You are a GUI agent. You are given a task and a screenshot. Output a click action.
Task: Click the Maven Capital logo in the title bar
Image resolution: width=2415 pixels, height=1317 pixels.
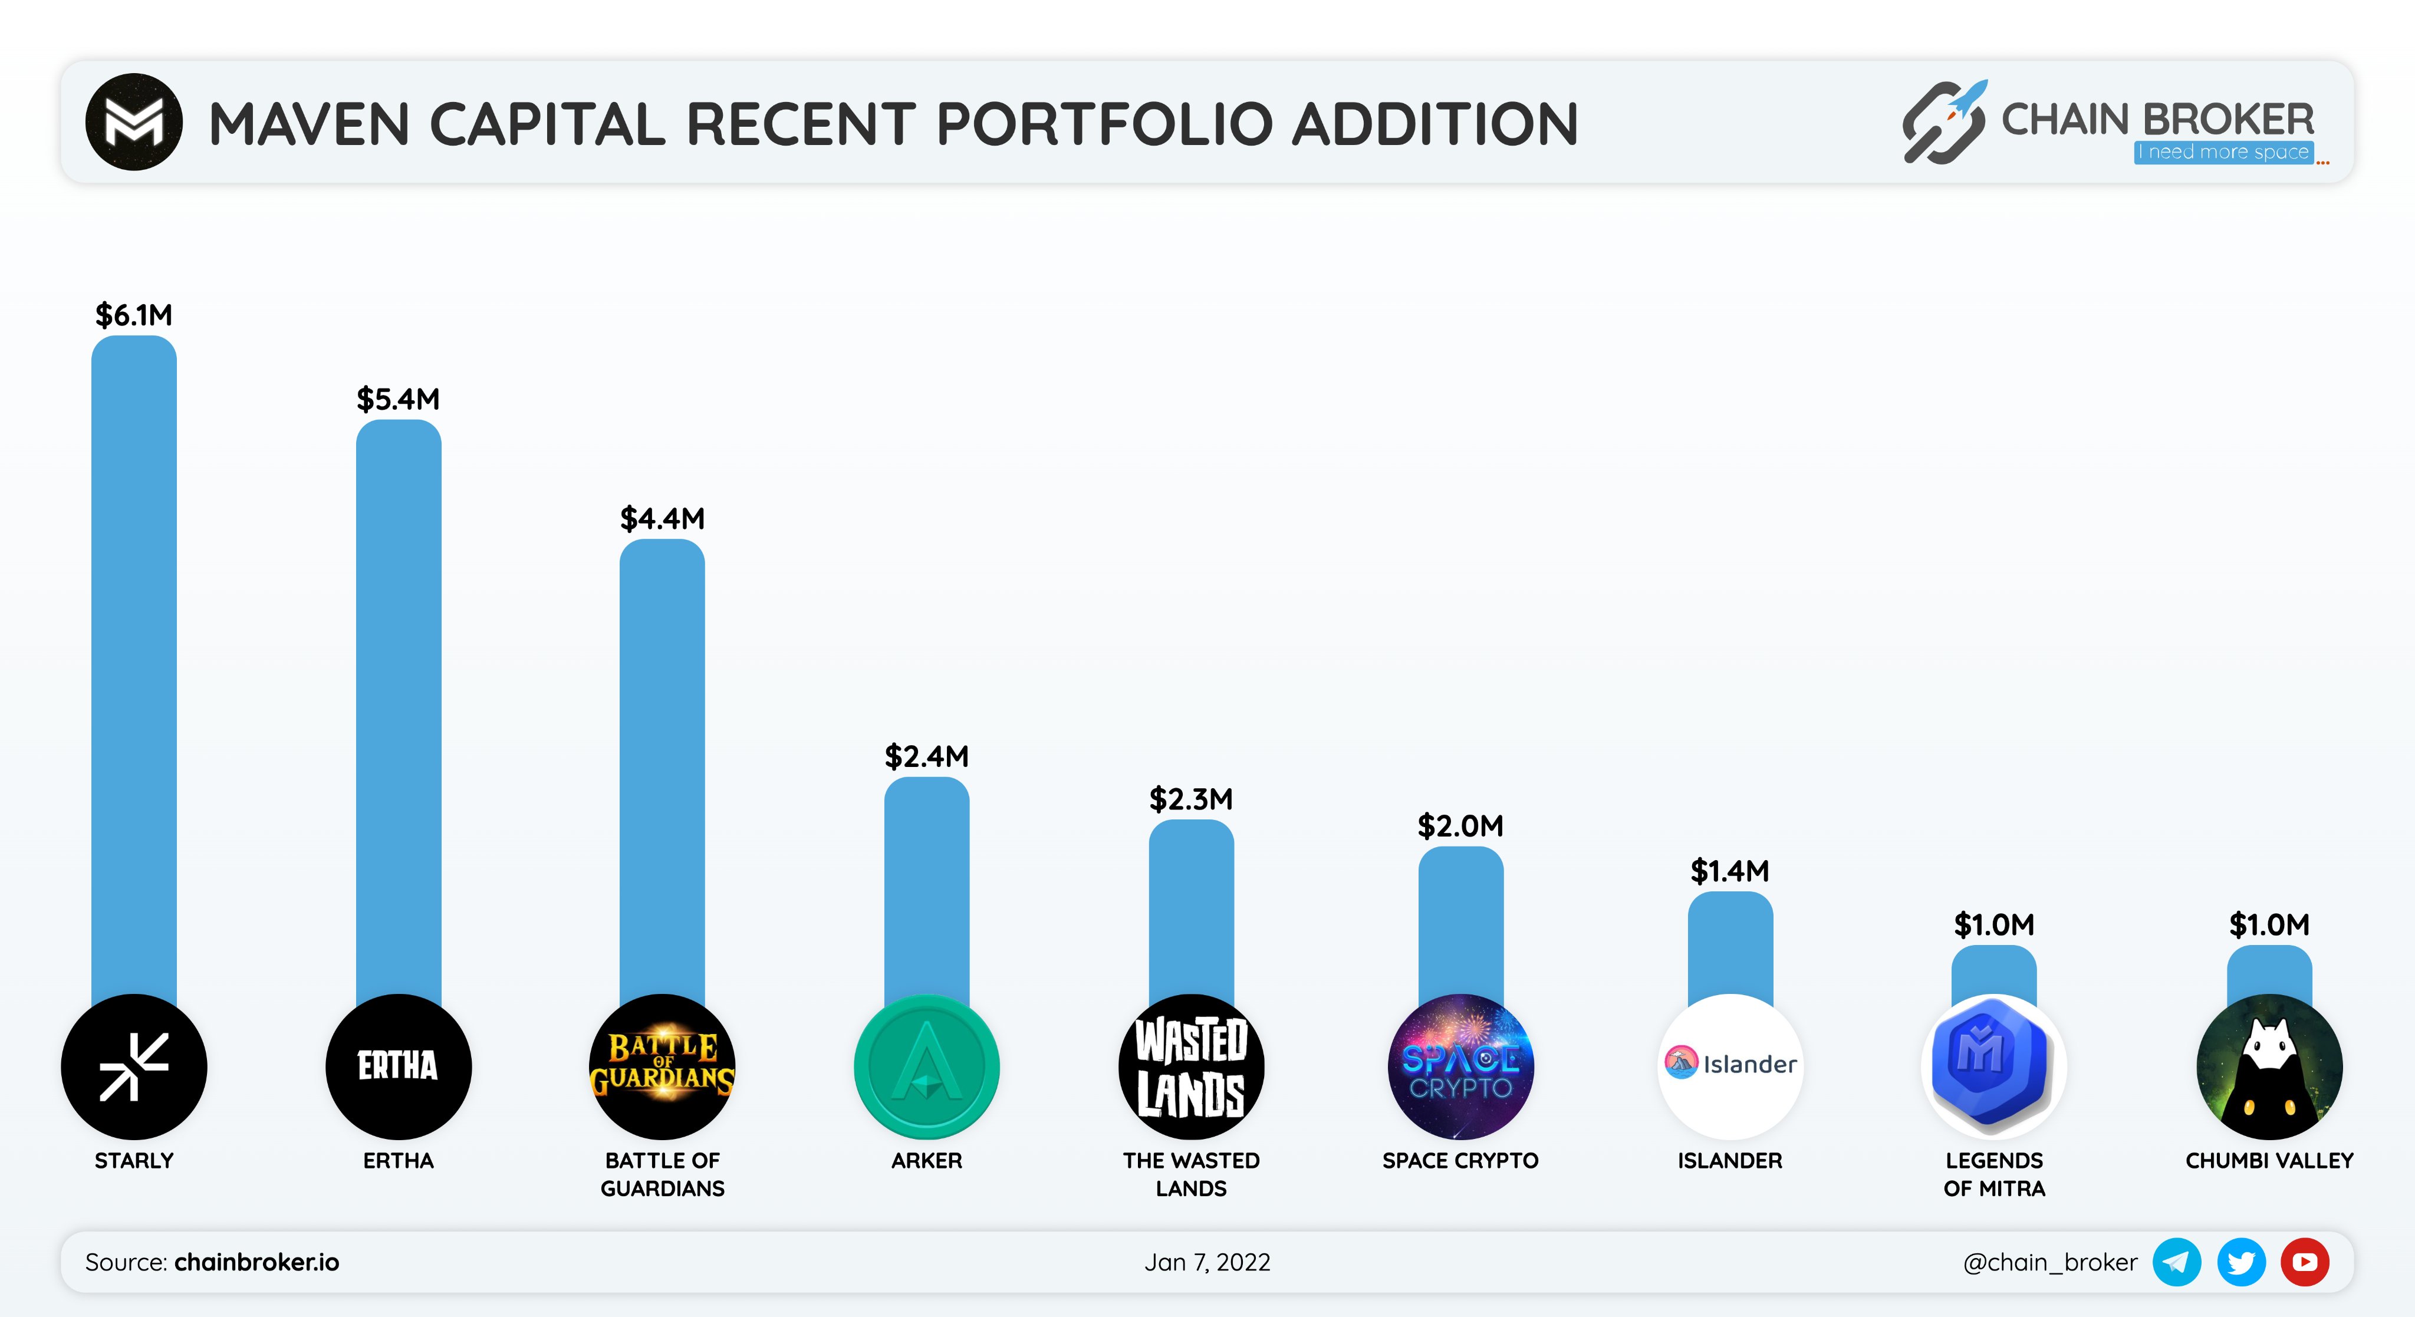point(133,122)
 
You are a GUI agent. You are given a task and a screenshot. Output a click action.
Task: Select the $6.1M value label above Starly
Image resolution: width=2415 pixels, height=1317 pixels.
point(133,315)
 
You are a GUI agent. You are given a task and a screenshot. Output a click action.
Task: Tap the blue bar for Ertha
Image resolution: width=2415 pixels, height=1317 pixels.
point(399,703)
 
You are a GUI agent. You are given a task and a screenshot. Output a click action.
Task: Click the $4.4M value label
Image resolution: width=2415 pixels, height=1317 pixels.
point(662,518)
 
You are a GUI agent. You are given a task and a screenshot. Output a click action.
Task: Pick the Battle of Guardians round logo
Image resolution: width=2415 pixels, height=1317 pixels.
point(662,1066)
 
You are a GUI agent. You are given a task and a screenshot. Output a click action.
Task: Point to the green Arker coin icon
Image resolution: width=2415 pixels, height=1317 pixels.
point(926,1066)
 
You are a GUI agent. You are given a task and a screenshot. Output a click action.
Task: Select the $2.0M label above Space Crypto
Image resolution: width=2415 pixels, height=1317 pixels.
point(1460,826)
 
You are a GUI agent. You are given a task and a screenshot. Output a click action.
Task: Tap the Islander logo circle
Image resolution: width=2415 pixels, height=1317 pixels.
point(1730,1066)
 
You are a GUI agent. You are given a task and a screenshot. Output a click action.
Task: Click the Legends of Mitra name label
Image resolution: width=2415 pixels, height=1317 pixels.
point(1994,1174)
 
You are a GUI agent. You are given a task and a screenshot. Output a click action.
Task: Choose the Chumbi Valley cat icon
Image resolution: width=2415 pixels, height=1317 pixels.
point(2269,1066)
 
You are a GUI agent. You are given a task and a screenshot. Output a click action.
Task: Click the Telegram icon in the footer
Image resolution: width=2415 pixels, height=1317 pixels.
point(2176,1262)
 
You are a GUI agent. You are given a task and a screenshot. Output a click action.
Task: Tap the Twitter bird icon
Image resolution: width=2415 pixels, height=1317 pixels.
point(2240,1262)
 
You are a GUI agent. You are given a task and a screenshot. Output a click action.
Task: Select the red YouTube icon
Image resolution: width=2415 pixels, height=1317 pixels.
point(2304,1262)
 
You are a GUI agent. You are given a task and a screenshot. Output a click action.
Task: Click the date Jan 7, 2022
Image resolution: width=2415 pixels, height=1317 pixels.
point(1206,1262)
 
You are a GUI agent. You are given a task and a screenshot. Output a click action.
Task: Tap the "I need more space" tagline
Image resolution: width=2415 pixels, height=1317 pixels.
point(2223,152)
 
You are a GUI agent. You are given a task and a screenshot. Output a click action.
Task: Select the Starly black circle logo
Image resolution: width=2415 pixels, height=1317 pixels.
point(133,1066)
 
